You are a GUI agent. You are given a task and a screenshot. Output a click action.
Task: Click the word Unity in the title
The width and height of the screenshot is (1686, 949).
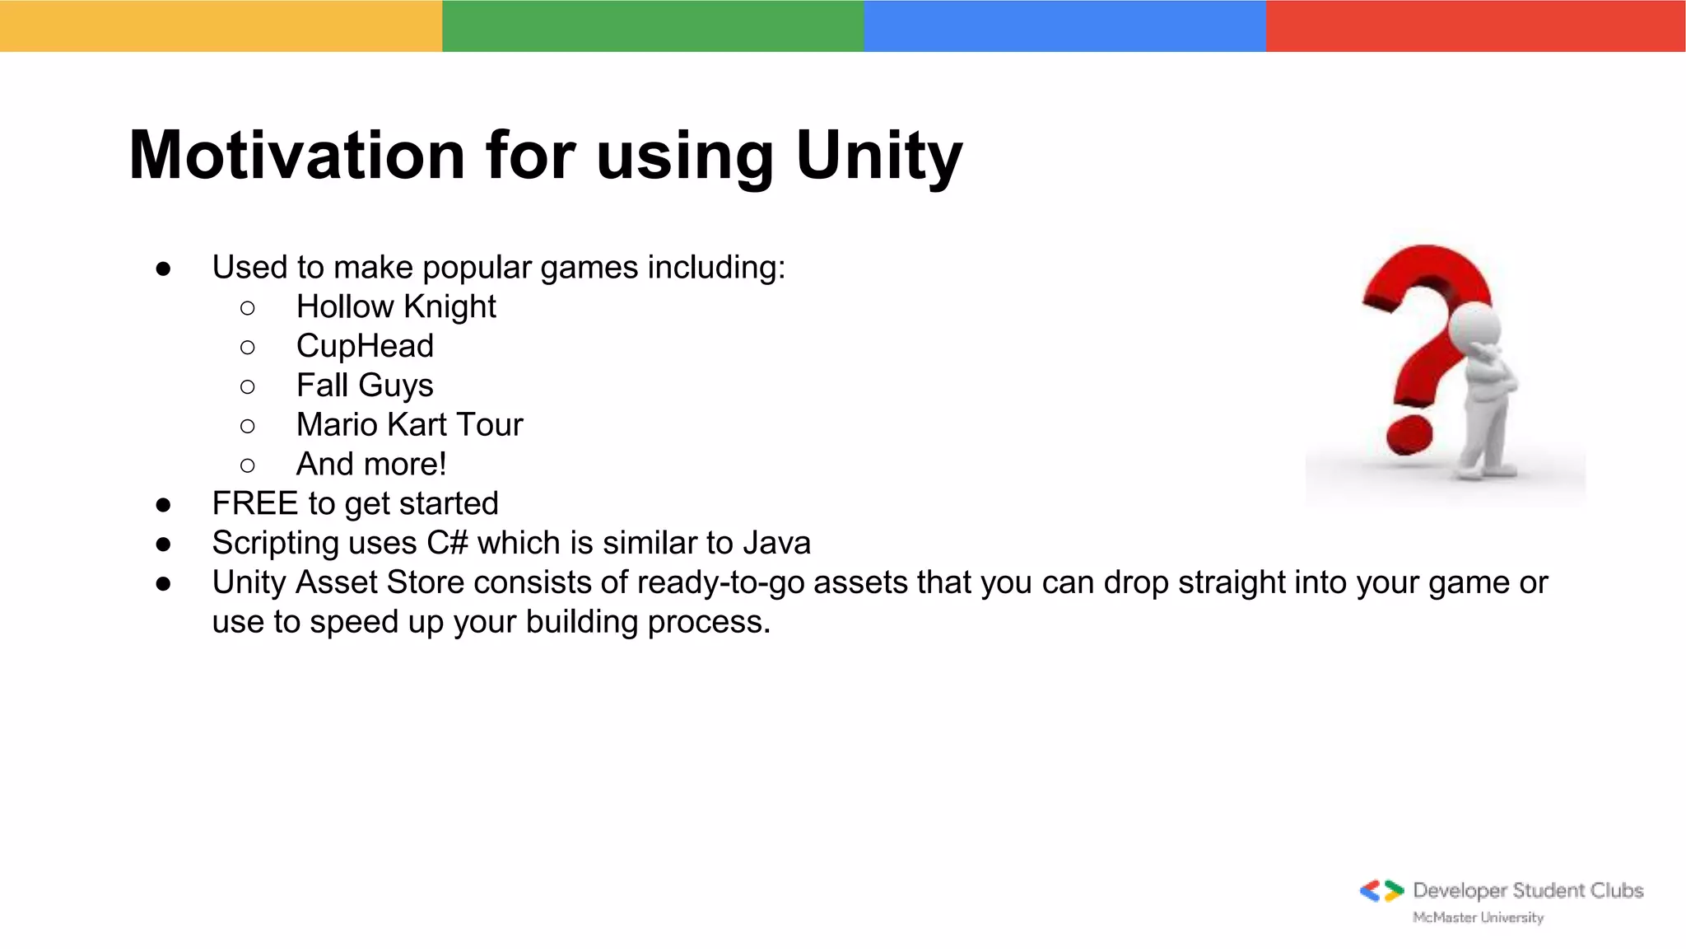click(878, 157)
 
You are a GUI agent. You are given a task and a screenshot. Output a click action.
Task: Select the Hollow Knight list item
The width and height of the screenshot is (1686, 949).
click(396, 306)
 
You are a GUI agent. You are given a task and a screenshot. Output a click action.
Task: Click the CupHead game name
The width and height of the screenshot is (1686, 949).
click(365, 346)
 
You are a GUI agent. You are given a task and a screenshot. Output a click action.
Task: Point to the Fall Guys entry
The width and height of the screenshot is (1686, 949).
click(365, 386)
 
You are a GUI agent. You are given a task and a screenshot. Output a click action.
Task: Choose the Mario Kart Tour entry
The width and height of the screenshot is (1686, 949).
click(409, 425)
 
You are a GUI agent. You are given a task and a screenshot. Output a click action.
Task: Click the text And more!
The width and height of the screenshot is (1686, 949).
click(371, 465)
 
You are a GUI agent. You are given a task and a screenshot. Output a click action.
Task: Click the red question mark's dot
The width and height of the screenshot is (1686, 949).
click(1409, 434)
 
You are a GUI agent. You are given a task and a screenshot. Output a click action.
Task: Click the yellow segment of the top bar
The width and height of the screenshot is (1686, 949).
click(221, 26)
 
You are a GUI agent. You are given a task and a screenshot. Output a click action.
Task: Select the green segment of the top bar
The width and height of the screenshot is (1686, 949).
click(653, 26)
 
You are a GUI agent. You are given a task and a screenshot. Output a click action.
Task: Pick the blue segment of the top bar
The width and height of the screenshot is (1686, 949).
click(1064, 26)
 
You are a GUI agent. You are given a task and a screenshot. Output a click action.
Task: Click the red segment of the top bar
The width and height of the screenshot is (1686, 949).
click(1475, 26)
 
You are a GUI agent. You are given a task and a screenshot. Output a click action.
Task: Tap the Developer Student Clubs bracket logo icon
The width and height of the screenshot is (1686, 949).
click(1381, 891)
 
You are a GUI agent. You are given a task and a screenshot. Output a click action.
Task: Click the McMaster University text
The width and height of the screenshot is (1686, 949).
click(1478, 918)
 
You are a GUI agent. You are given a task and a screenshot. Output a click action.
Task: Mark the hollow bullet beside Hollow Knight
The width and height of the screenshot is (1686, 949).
click(248, 308)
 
